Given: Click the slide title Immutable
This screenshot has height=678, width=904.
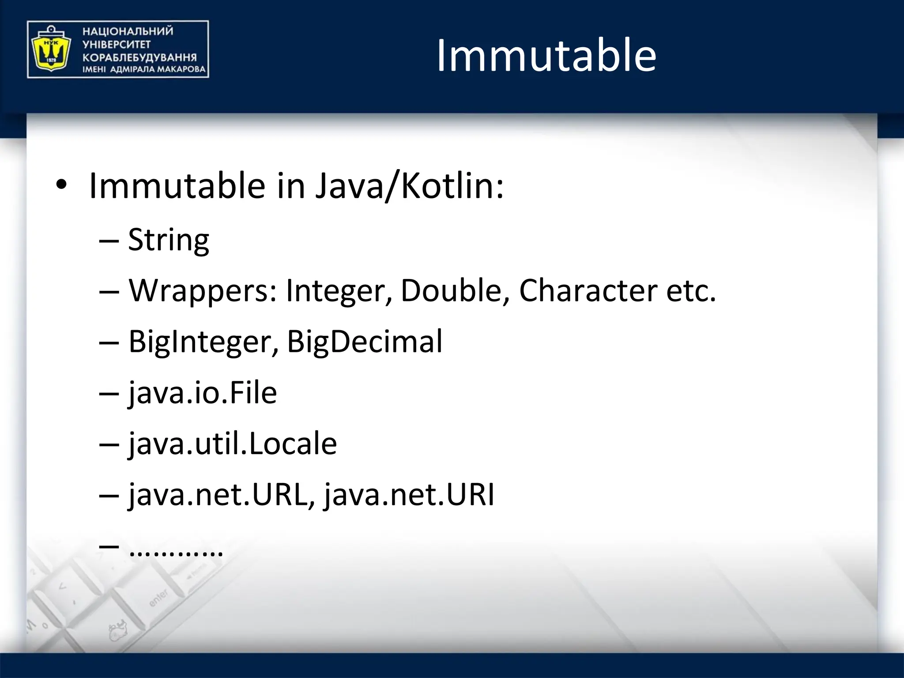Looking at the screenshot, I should [x=546, y=56].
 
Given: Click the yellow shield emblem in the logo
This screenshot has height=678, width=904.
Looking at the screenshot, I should [x=49, y=49].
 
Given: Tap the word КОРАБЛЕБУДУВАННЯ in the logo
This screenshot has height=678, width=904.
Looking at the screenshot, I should [x=139, y=57].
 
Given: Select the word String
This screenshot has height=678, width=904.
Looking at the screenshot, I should [x=168, y=240].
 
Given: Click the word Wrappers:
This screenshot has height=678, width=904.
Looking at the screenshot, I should [x=203, y=291].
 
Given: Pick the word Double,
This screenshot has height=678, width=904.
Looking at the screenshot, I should [x=455, y=291].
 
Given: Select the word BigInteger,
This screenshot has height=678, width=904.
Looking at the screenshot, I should [x=203, y=342].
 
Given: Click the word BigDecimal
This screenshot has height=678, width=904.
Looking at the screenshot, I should [x=364, y=342].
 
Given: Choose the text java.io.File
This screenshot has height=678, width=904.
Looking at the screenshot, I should [x=203, y=393].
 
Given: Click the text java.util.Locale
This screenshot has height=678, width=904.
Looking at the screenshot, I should [x=233, y=444].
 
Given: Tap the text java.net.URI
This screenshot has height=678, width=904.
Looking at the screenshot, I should [x=409, y=495].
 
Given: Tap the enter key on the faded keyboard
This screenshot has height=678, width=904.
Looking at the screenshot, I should [x=159, y=598].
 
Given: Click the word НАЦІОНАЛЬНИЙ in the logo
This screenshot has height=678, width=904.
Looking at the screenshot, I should [x=128, y=31].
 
